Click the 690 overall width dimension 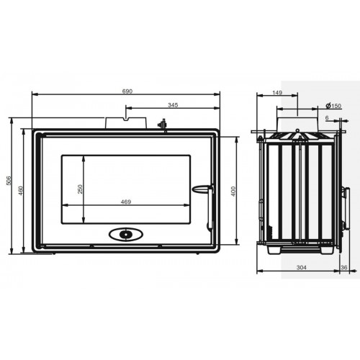pyautogui.click(x=127, y=91)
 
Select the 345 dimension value pyautogui.click(x=173, y=105)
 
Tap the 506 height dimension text pyautogui.click(x=9, y=181)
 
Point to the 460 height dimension pyautogui.click(x=21, y=191)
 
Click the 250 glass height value pyautogui.click(x=80, y=189)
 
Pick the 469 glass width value pyautogui.click(x=126, y=202)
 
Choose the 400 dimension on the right pyautogui.click(x=233, y=192)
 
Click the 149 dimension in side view pyautogui.click(x=277, y=93)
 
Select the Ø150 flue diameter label pyautogui.click(x=333, y=106)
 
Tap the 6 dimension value pyautogui.click(x=327, y=118)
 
